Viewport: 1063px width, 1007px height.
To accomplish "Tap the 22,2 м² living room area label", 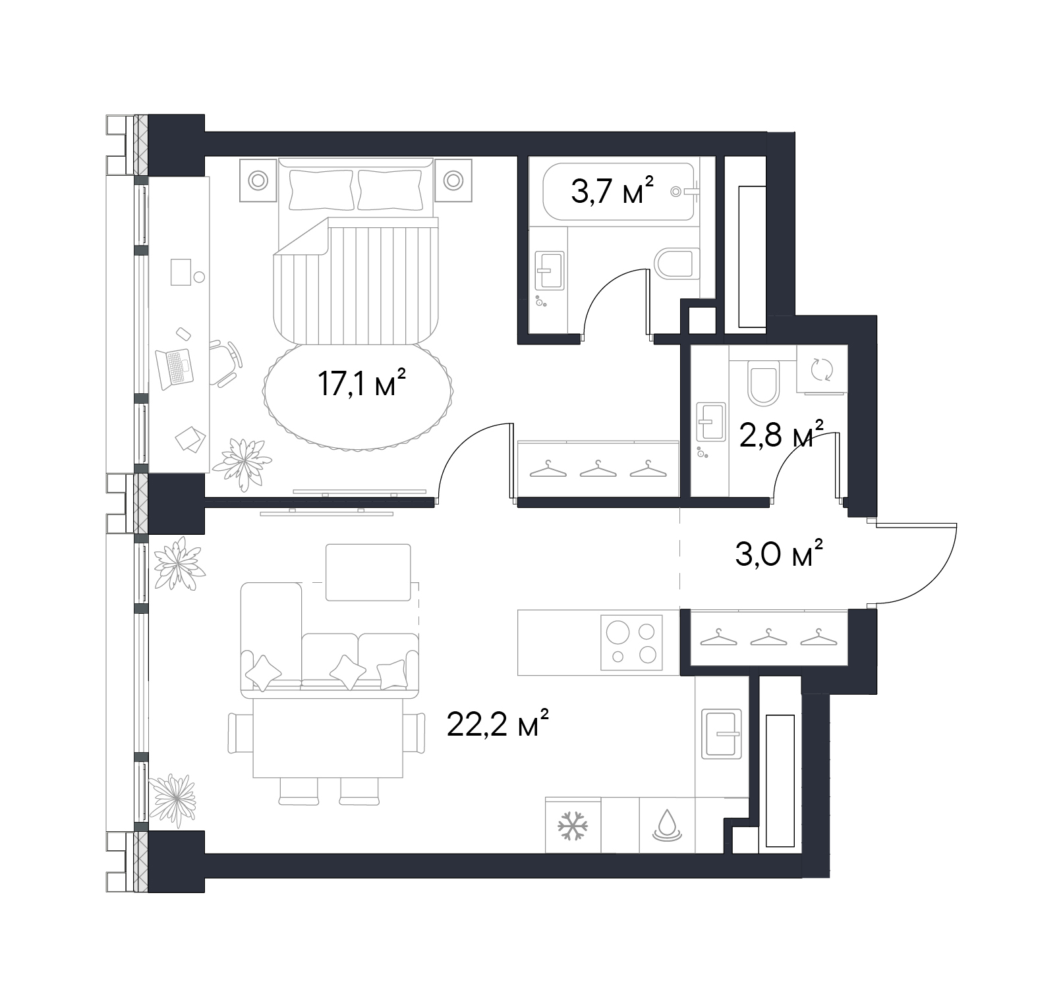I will click(x=498, y=724).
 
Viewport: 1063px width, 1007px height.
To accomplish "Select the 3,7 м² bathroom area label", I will click(x=612, y=191).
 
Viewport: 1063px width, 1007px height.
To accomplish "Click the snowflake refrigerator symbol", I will click(x=573, y=826).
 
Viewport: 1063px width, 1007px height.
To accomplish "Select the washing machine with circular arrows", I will click(x=822, y=369).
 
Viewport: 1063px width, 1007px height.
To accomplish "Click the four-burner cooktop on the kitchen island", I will click(x=631, y=642).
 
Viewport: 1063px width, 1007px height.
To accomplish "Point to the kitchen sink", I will click(x=722, y=734).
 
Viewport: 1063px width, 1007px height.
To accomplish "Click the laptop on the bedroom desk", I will click(x=175, y=367).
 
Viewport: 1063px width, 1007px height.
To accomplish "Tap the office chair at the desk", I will click(x=226, y=362).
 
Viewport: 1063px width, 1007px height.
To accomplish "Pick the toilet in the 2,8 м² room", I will click(x=764, y=385).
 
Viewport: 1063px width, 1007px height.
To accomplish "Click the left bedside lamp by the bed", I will click(x=258, y=180).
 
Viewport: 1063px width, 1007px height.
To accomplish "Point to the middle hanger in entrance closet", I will click(x=768, y=637).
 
